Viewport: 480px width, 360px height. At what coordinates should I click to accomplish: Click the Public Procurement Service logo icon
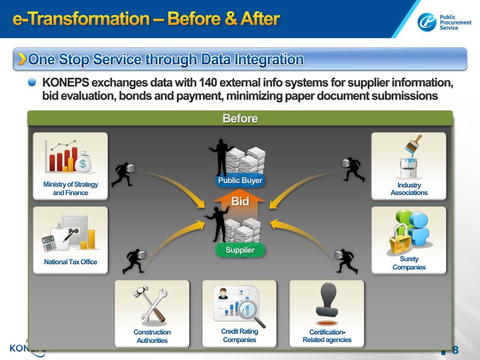pyautogui.click(x=427, y=22)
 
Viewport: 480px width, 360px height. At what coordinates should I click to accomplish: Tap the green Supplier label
pyautogui.click(x=240, y=250)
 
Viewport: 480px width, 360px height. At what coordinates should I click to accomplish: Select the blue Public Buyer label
pyautogui.click(x=240, y=180)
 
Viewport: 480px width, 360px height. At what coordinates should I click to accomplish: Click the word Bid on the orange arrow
pyautogui.click(x=240, y=202)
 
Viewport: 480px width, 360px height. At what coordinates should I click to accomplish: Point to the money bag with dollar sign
pyautogui.click(x=83, y=162)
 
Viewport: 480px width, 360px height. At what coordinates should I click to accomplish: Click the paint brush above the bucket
pyautogui.click(x=413, y=145)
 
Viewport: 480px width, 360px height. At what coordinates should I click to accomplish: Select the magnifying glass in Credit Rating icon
pyautogui.click(x=251, y=310)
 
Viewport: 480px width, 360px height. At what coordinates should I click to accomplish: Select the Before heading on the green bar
pyautogui.click(x=240, y=119)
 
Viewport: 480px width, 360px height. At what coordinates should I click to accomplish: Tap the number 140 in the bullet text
pyautogui.click(x=208, y=83)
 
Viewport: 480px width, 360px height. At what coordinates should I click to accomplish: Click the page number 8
pyautogui.click(x=455, y=350)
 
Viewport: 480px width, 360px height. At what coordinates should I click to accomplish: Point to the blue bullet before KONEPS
pyautogui.click(x=32, y=82)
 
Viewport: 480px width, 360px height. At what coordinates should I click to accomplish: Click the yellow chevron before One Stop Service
pyautogui.click(x=22, y=59)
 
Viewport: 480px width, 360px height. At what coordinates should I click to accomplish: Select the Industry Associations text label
pyautogui.click(x=409, y=189)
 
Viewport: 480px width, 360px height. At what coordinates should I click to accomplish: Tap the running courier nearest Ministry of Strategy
pyautogui.click(x=123, y=174)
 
